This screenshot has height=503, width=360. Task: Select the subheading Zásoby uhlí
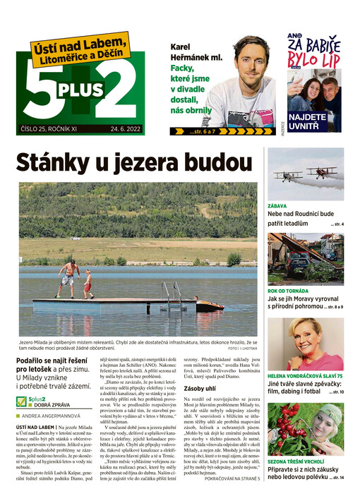click(200, 388)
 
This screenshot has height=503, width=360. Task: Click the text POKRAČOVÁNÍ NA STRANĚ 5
click(223, 498)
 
